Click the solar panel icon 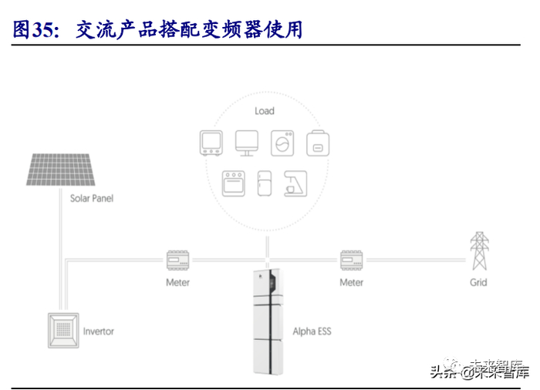tap(59, 170)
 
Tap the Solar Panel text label tap(92, 199)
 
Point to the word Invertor tap(98, 331)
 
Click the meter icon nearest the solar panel tap(177, 261)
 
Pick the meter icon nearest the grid tap(351, 261)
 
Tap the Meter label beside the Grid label tap(351, 282)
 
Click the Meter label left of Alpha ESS tap(177, 282)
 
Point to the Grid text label tap(479, 282)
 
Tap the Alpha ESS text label tap(312, 331)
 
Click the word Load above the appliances tap(265, 111)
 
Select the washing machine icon tap(282, 143)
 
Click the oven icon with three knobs tap(233, 183)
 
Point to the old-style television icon tap(211, 143)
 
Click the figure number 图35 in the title tap(32, 30)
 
